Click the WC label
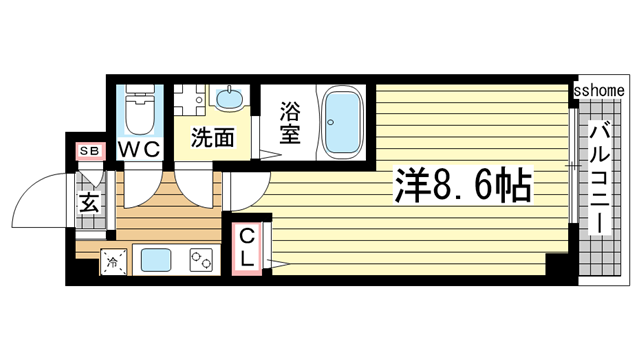click(x=139, y=150)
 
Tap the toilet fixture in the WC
click(x=140, y=109)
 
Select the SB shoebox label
click(x=90, y=151)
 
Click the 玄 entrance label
click(x=89, y=202)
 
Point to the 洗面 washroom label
click(x=213, y=137)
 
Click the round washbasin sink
click(x=229, y=98)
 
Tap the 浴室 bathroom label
click(x=290, y=122)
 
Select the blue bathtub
click(x=343, y=122)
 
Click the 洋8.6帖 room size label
click(x=463, y=186)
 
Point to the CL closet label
click(x=247, y=247)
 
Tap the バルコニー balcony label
click(x=599, y=180)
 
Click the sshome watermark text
click(x=599, y=90)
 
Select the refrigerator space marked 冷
click(x=113, y=262)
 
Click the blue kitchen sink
click(x=156, y=260)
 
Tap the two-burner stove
click(x=201, y=260)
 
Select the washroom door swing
click(x=194, y=189)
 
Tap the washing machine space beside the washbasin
click(x=189, y=100)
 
